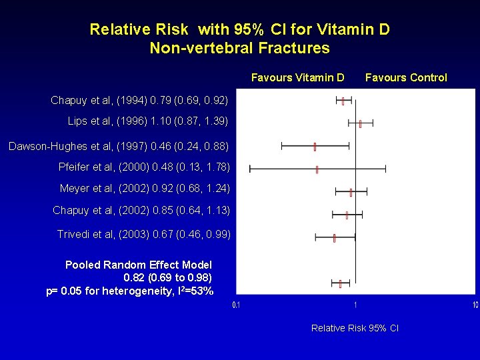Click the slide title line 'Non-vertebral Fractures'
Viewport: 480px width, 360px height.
[239, 48]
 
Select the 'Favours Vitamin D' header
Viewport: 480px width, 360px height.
[297, 78]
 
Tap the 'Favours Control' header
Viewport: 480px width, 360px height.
[406, 78]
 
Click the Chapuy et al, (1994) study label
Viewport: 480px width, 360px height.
[139, 101]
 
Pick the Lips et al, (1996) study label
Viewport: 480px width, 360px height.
[148, 121]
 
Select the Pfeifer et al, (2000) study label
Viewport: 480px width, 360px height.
[144, 167]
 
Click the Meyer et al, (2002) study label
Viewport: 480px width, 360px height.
[145, 189]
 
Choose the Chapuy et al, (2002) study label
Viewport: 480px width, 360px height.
[141, 211]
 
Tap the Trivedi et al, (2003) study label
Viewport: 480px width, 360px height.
[143, 235]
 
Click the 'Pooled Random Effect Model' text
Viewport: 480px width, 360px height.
[139, 265]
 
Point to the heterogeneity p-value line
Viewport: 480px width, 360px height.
[130, 291]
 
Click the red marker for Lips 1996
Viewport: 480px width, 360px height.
[360, 123]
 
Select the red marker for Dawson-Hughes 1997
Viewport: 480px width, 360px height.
[315, 146]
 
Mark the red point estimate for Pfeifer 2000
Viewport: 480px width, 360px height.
[317, 169]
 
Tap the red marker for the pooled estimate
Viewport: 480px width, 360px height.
[340, 284]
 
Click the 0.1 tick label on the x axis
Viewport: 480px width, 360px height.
[236, 305]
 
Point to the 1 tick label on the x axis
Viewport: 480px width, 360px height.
[355, 305]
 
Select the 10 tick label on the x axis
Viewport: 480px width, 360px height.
[474, 305]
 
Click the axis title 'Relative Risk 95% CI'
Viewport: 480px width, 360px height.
[355, 328]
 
